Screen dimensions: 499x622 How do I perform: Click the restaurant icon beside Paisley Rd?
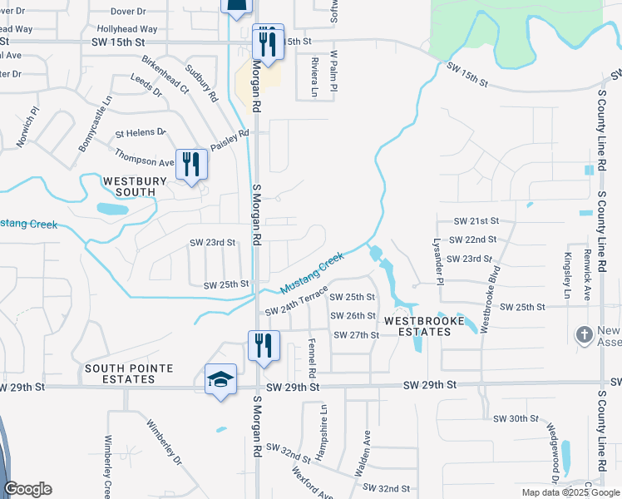(x=191, y=165)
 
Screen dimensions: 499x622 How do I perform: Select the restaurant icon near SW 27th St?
(x=263, y=345)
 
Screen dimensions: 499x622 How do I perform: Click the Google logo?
(x=27, y=489)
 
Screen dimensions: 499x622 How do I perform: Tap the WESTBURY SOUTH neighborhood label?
(x=129, y=185)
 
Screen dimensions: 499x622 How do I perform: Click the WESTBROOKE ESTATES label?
(x=417, y=325)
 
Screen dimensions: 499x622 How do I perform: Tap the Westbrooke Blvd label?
(x=491, y=293)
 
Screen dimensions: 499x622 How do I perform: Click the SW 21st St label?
(x=476, y=221)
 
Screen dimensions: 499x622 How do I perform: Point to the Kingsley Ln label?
(x=568, y=275)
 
